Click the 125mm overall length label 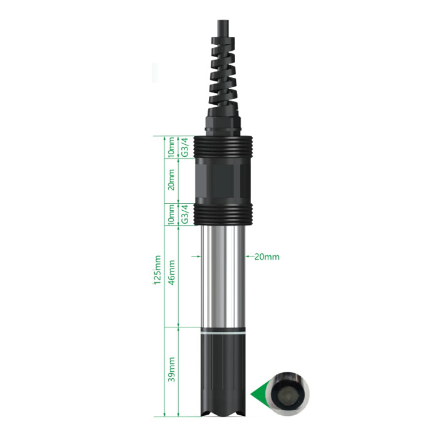(x=157, y=270)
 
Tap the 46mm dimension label (x=171, y=272)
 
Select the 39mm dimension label (x=171, y=369)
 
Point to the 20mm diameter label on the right (x=267, y=257)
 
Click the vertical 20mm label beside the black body (x=171, y=180)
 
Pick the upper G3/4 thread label (x=186, y=147)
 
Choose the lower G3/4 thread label (x=186, y=214)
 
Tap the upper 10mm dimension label (x=171, y=147)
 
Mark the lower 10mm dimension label (x=171, y=214)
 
